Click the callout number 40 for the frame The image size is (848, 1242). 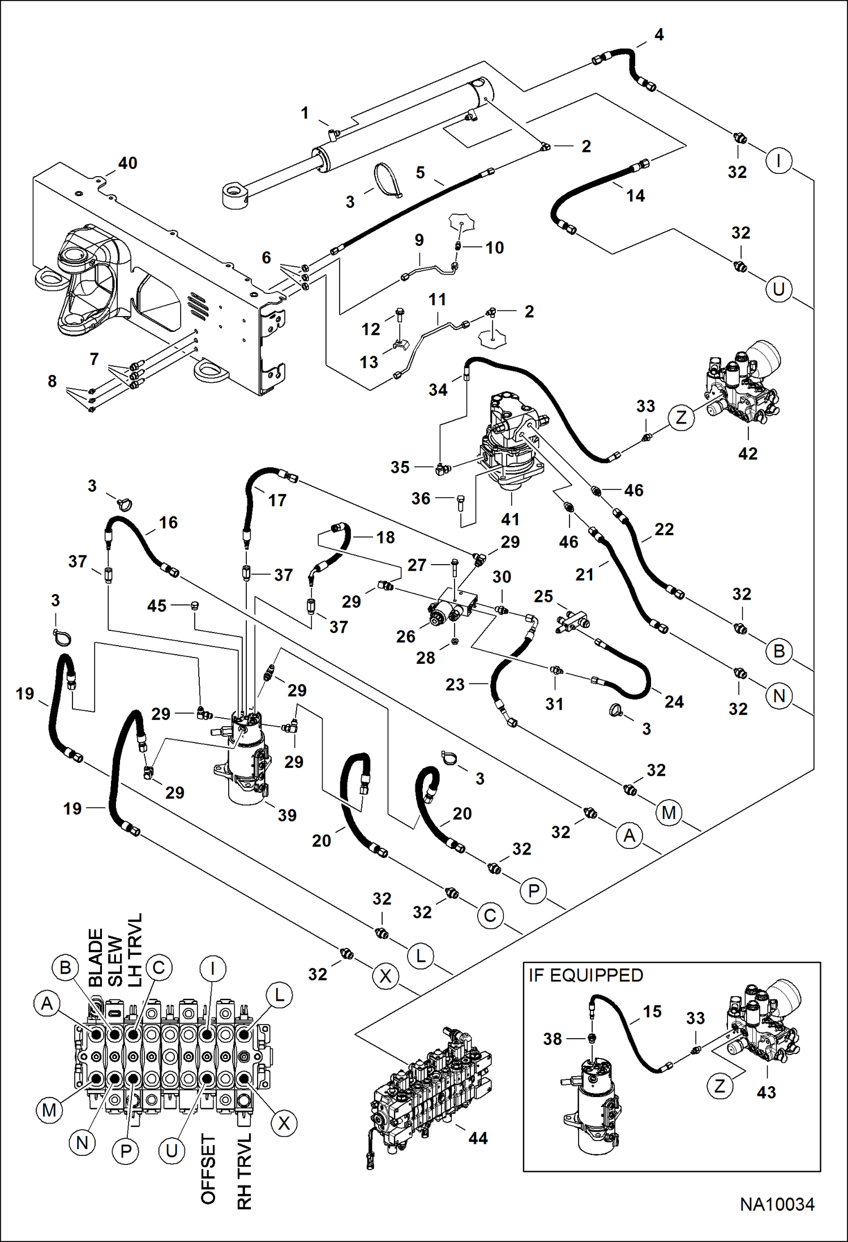coord(127,163)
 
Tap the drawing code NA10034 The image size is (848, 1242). coord(777,1204)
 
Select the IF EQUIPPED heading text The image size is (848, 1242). coord(586,975)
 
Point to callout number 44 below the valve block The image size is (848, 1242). coord(478,1138)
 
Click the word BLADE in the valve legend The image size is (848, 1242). coord(96,958)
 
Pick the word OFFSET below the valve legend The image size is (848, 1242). coord(208,1170)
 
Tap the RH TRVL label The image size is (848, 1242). coord(244,1172)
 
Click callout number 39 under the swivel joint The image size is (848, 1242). coord(287,815)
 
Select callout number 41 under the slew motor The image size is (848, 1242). coord(510,519)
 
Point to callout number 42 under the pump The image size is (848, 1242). coord(748,453)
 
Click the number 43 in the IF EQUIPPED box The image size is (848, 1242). coord(766,1092)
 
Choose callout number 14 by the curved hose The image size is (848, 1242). coord(635,196)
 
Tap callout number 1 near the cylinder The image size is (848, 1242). coord(305,113)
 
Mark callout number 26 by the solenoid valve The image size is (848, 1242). coord(405,637)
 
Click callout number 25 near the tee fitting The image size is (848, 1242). coord(543,596)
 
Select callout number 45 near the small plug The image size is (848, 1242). coord(157,605)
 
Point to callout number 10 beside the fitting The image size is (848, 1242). coord(494,247)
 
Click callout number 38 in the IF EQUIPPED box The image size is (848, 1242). coord(553,1039)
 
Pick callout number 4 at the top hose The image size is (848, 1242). coord(659,35)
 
